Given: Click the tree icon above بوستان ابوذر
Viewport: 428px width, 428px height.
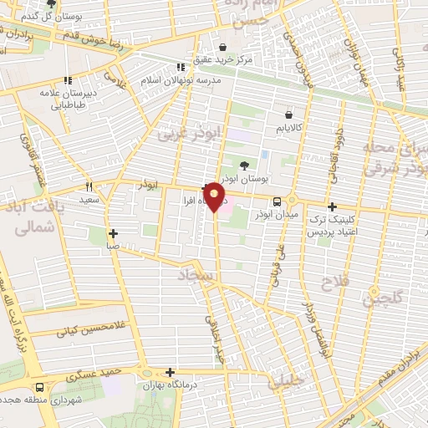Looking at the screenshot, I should [x=244, y=166].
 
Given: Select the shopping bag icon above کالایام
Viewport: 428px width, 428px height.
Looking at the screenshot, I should [x=288, y=115].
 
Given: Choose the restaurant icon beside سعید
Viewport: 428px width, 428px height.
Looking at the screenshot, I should [x=88, y=187].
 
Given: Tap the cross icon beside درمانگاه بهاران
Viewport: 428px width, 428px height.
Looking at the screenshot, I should [x=171, y=373].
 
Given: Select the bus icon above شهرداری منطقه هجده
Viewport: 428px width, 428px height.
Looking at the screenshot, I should [x=40, y=388].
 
